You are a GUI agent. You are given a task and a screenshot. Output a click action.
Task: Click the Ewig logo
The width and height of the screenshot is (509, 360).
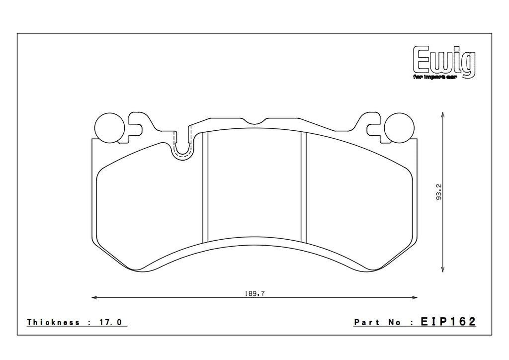click(443, 61)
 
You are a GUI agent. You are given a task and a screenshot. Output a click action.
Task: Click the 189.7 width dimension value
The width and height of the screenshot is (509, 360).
click(254, 294)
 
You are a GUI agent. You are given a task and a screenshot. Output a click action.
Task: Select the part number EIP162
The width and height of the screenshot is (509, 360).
click(448, 322)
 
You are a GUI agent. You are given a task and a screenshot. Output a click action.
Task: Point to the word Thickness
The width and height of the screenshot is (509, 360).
click(53, 322)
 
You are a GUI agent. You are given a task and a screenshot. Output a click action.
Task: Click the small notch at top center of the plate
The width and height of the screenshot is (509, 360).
click(254, 121)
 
